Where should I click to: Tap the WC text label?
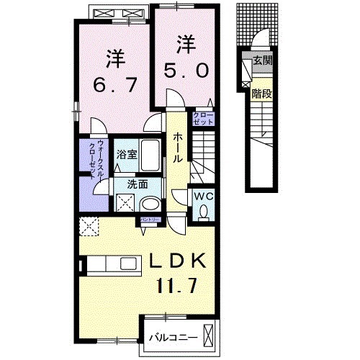[x=202, y=195]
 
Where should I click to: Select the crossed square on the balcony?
[x=209, y=336]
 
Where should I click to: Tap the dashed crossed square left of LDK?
[x=90, y=227]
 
